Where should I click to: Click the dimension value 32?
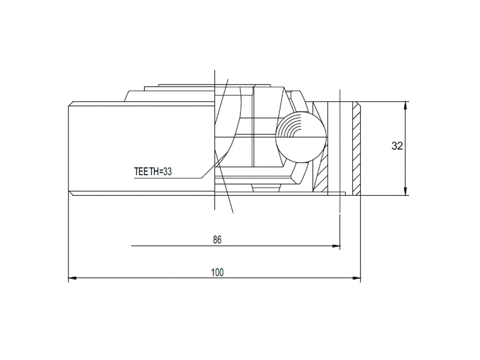[x=397, y=146]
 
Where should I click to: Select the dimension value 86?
[x=217, y=240]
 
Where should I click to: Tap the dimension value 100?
[x=217, y=272]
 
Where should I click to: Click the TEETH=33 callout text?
[x=153, y=172]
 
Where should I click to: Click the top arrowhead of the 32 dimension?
[x=405, y=105]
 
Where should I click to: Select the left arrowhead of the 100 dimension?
[x=72, y=278]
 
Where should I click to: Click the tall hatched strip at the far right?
[x=356, y=148]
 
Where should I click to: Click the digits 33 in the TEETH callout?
[x=167, y=172]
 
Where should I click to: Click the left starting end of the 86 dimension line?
[x=132, y=246]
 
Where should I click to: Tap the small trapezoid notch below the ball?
[x=266, y=188]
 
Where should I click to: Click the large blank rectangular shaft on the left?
[x=141, y=148]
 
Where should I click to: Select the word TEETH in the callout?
[x=146, y=172]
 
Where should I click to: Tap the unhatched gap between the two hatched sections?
[x=339, y=148]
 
